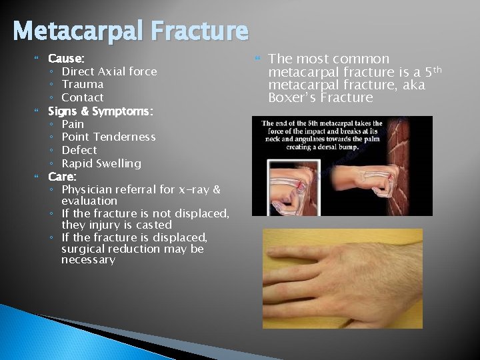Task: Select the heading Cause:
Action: click(66, 59)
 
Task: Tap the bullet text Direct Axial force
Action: click(109, 71)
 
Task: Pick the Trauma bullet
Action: click(82, 84)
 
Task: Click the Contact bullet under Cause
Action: click(82, 97)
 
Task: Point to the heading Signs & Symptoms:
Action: click(101, 111)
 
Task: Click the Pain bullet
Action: click(73, 124)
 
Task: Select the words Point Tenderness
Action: click(108, 137)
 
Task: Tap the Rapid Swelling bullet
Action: click(101, 163)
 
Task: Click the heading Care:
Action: click(62, 177)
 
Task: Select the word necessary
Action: click(88, 260)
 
